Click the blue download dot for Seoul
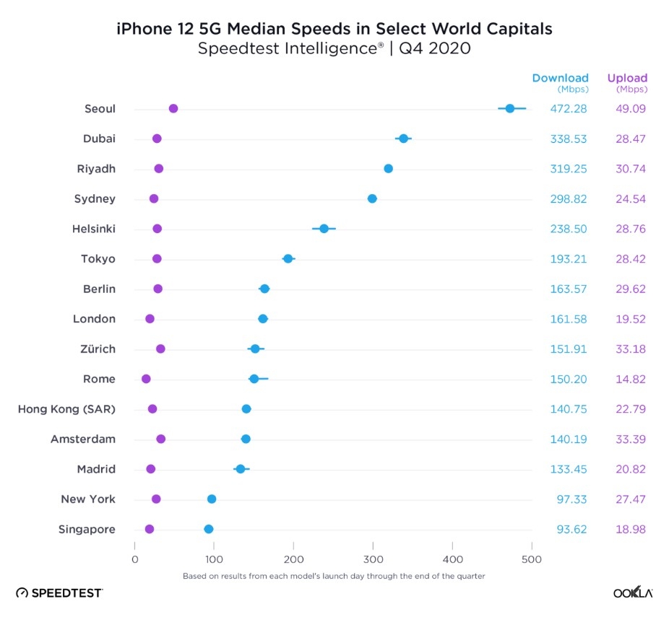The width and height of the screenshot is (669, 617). point(510,108)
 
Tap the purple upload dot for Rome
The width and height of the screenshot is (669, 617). point(146,379)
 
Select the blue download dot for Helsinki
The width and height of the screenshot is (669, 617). point(324,229)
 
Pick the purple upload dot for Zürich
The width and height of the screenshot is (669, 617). point(160,349)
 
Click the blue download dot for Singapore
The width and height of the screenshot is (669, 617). point(209,529)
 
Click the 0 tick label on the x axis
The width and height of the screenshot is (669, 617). point(134,559)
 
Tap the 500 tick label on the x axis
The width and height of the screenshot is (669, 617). point(532,559)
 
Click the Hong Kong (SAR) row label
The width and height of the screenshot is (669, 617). point(66,409)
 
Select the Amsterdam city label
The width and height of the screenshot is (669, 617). point(83,439)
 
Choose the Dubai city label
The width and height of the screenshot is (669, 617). point(99,139)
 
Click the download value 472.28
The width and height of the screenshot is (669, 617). point(569,109)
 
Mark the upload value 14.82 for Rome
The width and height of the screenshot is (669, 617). point(631,379)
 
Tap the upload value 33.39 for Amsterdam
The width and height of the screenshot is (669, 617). point(631,439)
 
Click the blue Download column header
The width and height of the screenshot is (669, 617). point(561,78)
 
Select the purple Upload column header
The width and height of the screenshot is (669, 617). point(627,78)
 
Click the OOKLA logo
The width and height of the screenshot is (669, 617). point(633,592)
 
